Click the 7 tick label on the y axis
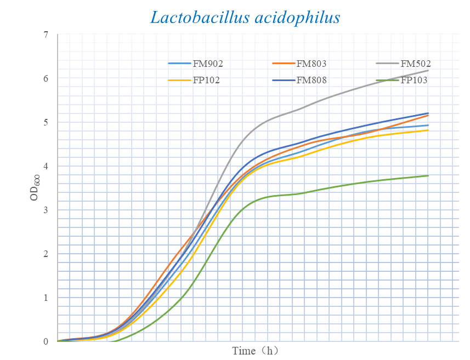tap(46, 35)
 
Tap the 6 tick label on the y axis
tap(46, 78)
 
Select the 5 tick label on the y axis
tap(46, 122)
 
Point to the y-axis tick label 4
tap(46, 166)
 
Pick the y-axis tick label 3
tap(46, 210)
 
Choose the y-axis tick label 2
tap(46, 254)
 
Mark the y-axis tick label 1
tap(46, 298)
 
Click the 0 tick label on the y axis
tap(46, 341)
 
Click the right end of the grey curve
tap(428, 70)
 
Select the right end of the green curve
tap(428, 175)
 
